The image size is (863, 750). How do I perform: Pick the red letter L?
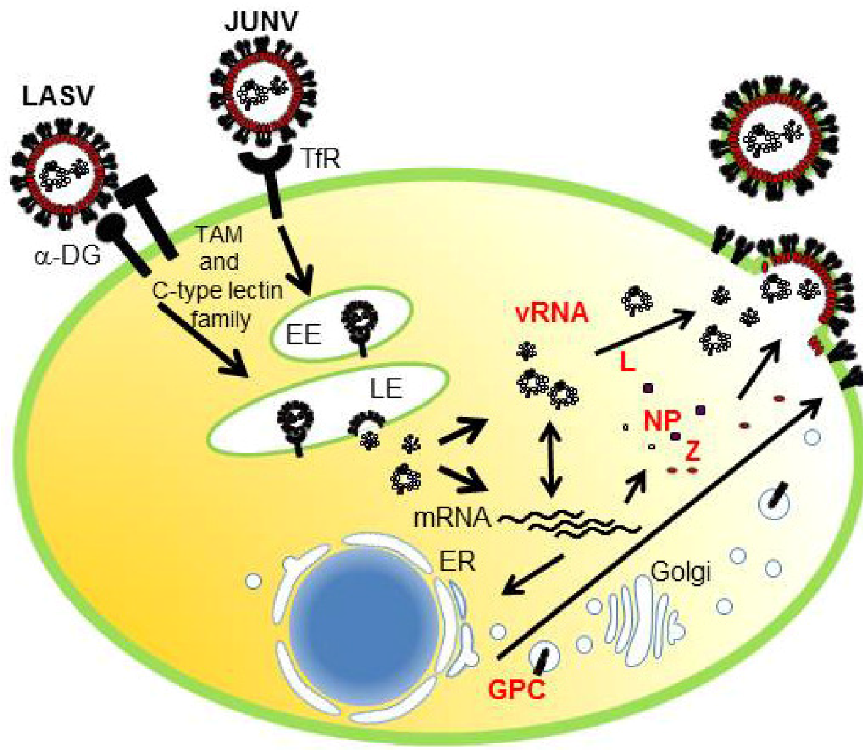(x=626, y=363)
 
